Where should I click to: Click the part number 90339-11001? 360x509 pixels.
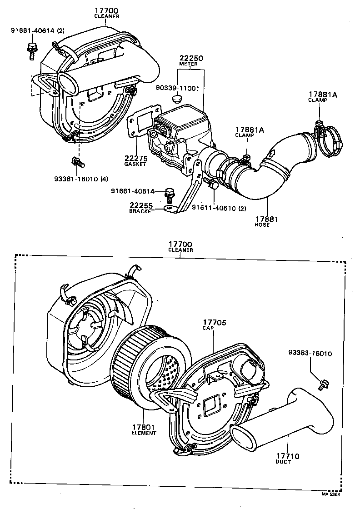tap(178, 88)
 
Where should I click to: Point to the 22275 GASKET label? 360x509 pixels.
tap(135, 161)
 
